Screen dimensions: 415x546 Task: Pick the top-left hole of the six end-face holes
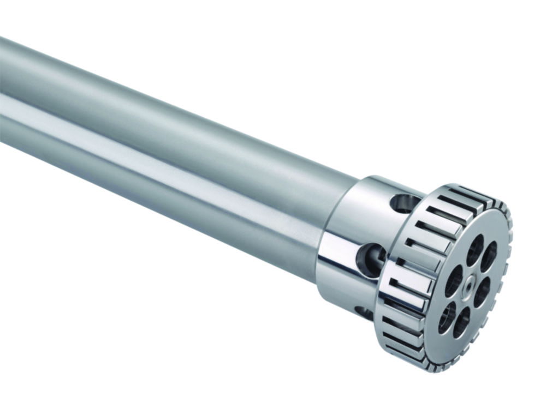[474, 250]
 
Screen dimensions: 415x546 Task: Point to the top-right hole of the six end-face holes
[489, 256]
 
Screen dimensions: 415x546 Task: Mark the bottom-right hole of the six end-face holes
[461, 322]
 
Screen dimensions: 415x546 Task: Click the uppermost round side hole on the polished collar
[405, 203]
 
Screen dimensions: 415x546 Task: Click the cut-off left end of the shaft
[3, 93]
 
